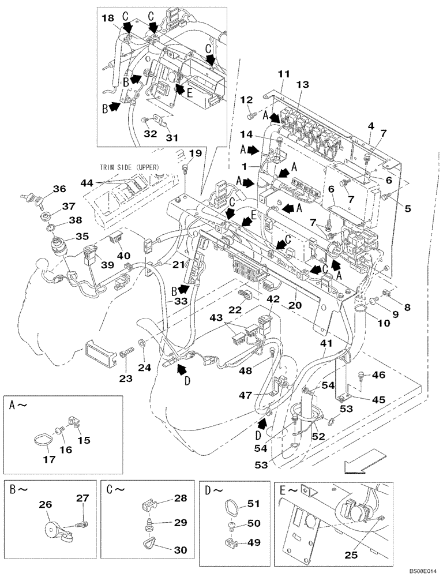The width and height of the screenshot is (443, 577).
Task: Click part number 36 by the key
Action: (x=60, y=188)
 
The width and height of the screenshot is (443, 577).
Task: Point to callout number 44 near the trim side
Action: (x=87, y=183)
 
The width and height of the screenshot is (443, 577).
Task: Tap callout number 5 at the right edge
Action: (x=407, y=208)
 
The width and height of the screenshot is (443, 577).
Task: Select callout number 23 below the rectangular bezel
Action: (x=126, y=379)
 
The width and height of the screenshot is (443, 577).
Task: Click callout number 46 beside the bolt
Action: (x=378, y=375)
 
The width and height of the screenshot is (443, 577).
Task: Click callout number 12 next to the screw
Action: (x=247, y=99)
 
